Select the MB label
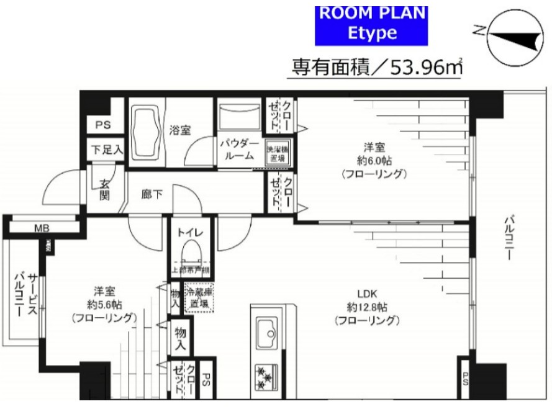coord(42,228)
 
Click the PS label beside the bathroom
coord(101,124)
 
